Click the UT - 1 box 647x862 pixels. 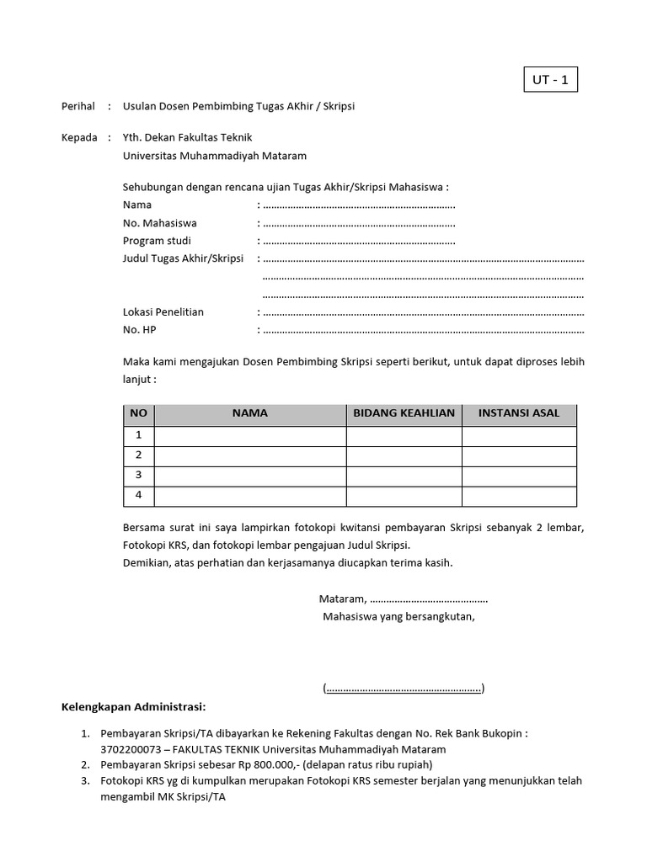point(551,81)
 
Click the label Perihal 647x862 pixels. point(79,107)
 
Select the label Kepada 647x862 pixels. point(80,137)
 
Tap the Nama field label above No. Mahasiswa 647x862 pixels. point(137,205)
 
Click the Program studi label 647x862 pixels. point(157,241)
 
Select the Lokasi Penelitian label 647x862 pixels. point(163,311)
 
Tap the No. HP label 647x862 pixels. point(140,330)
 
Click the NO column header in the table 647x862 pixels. point(139,413)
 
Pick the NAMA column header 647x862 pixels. point(250,413)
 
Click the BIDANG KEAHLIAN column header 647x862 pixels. point(404,413)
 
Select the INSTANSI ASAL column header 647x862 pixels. point(519,413)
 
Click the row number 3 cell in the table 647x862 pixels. point(139,476)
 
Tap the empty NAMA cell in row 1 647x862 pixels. point(250,435)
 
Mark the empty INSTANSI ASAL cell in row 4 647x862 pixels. point(519,496)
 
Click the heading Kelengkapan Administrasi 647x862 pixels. point(134,706)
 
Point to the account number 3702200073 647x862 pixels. point(129,749)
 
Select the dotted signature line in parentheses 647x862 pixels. point(404,689)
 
